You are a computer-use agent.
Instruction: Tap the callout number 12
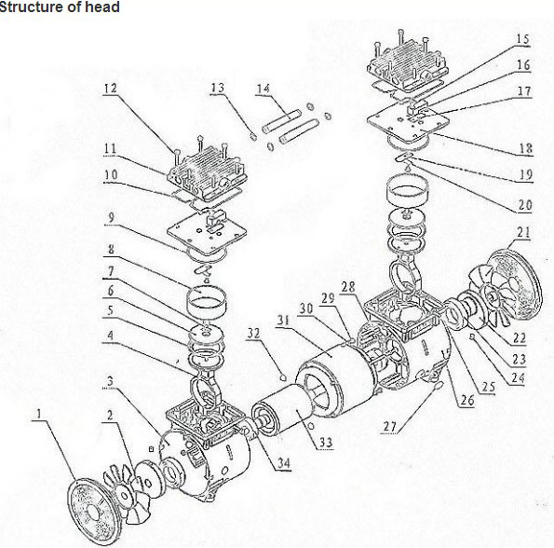click(110, 89)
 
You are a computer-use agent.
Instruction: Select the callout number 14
click(263, 89)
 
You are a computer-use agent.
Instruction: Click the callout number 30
click(304, 308)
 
